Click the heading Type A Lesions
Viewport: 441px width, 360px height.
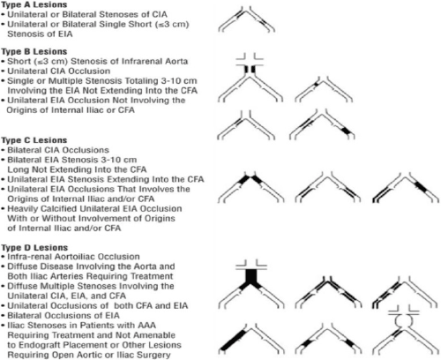tap(34, 4)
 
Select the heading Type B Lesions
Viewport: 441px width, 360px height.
tap(34, 51)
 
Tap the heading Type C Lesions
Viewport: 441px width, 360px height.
tap(34, 140)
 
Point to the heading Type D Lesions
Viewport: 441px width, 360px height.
tap(34, 248)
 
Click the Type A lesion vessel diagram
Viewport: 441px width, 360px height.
tap(246, 19)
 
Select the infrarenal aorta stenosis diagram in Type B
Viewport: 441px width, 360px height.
tap(250, 78)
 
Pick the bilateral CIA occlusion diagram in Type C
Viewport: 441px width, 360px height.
tap(250, 188)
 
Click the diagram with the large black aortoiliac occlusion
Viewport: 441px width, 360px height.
tap(251, 284)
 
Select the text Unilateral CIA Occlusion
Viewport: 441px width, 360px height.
tap(59, 71)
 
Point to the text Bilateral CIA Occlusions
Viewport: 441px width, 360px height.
tap(58, 150)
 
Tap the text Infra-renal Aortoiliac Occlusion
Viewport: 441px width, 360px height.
tap(73, 257)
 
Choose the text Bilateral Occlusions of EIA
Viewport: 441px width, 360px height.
tap(64, 316)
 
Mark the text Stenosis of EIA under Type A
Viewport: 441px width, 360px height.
tap(40, 34)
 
